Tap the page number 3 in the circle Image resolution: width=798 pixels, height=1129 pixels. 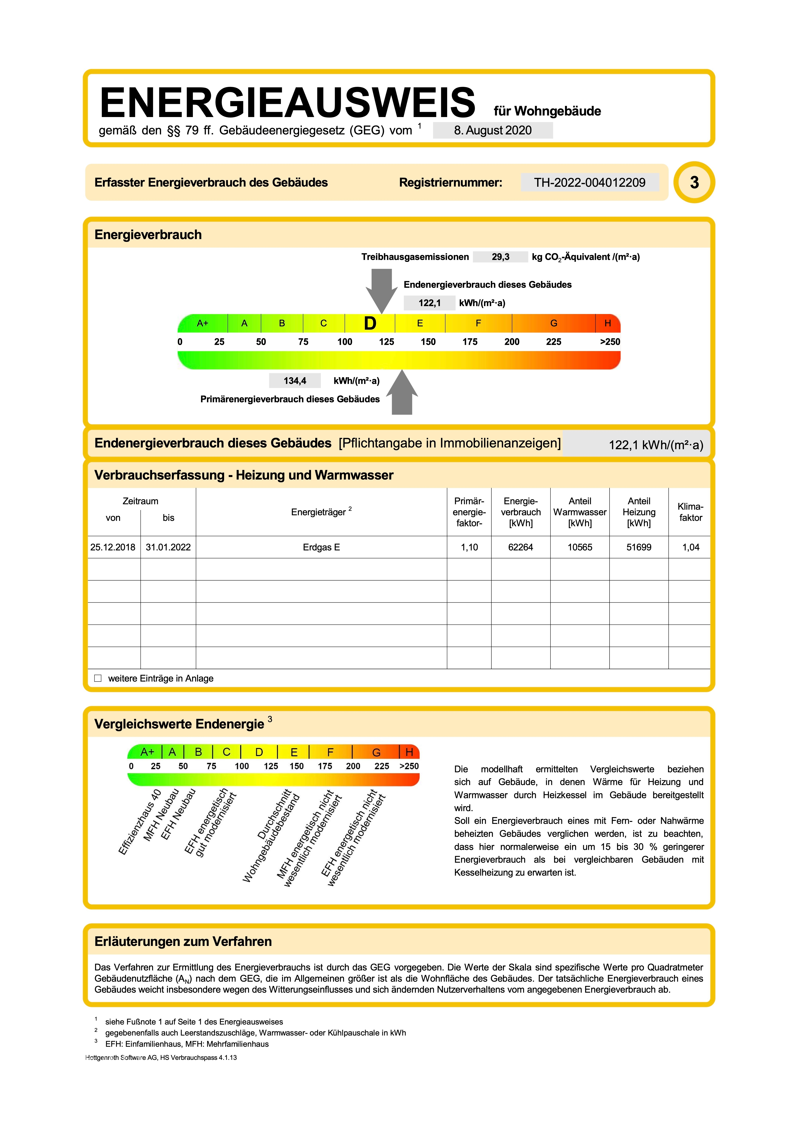tap(694, 183)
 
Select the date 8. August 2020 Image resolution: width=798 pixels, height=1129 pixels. tap(493, 130)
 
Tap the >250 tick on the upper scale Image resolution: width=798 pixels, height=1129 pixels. tap(610, 342)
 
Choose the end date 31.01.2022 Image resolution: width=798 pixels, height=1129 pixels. tap(168, 547)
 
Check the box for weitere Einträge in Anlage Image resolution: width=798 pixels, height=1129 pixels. tap(98, 679)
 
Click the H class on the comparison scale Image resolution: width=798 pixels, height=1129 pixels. tap(409, 752)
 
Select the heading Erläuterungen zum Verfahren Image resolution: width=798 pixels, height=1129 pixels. tap(183, 942)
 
